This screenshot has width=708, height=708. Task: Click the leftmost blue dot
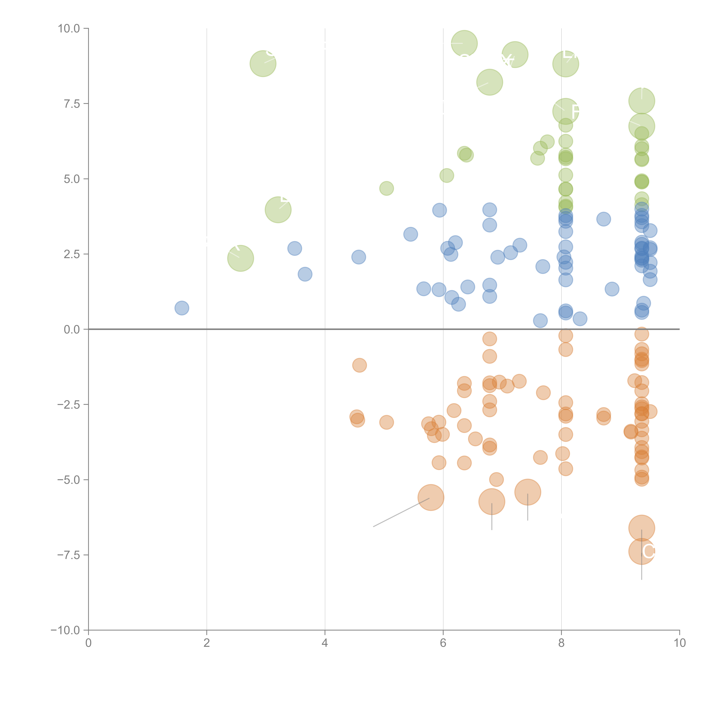click(x=182, y=308)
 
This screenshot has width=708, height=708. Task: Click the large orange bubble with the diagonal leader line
click(x=431, y=497)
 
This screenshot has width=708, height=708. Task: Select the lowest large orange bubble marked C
click(x=641, y=552)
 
